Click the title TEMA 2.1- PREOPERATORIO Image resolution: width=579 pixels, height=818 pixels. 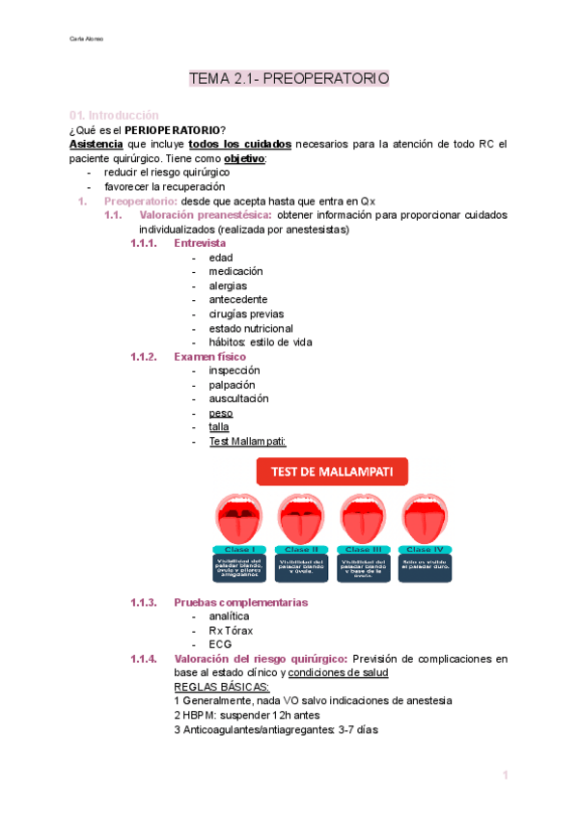289,78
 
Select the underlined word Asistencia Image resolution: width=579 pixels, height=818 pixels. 96,145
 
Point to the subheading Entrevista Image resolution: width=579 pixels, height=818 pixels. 200,244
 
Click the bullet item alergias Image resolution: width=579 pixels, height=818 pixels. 228,286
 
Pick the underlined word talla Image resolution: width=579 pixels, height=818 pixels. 219,426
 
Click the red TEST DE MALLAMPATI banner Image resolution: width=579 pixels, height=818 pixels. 332,472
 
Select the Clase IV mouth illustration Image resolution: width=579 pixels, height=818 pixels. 424,519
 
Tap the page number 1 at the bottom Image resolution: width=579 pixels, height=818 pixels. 504,776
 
